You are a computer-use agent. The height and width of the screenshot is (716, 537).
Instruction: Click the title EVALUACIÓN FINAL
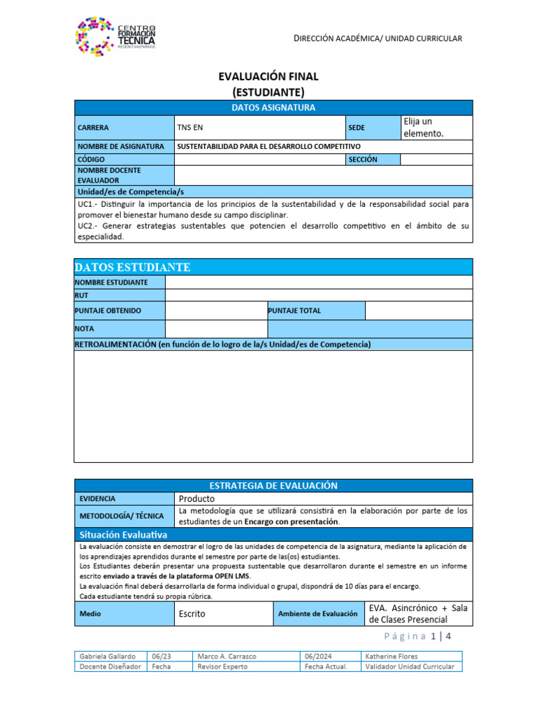pos(268,77)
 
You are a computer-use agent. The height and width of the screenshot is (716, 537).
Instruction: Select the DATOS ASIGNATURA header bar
pos(273,108)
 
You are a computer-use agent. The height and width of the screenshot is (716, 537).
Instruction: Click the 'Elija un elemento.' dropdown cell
pos(436,127)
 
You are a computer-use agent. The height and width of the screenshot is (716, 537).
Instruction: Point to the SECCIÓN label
pos(362,159)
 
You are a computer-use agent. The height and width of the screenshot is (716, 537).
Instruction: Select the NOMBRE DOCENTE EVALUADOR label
pos(109,175)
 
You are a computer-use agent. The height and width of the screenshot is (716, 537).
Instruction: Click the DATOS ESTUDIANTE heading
pos(132,267)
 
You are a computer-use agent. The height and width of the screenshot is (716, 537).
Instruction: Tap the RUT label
pos(82,296)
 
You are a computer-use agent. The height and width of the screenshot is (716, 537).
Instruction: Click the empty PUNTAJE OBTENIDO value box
pos(215,310)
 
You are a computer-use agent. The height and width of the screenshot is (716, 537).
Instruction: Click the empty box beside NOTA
pos(215,329)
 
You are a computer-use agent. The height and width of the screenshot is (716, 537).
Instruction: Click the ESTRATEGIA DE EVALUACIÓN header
pos(273,485)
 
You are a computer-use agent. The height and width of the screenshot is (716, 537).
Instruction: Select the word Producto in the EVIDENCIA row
pos(197,499)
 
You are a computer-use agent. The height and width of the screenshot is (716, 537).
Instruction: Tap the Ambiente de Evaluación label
pos(317,614)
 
